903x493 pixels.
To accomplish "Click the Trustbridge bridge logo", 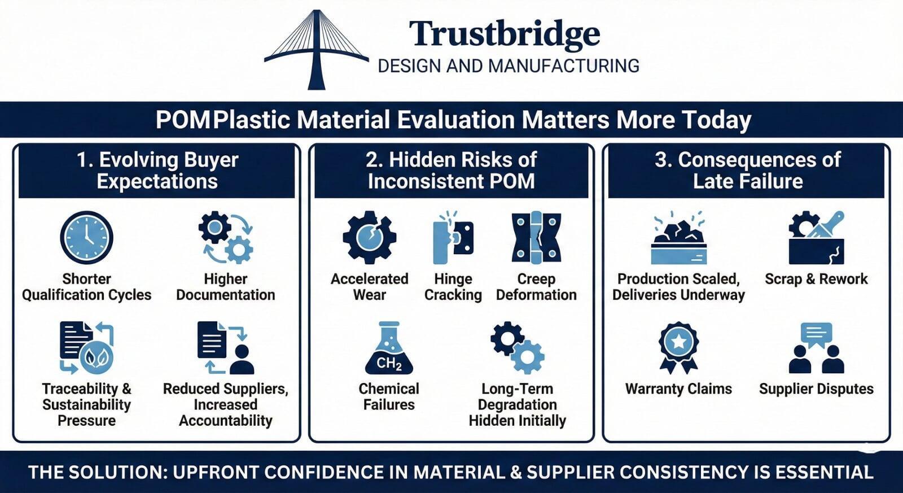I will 317,50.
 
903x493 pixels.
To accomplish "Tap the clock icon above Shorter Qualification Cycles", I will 86,238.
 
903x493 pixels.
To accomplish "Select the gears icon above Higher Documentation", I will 226,238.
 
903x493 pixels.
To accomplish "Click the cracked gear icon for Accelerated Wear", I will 369,238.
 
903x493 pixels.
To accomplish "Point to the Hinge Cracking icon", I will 453,238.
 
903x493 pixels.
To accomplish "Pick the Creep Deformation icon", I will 536,238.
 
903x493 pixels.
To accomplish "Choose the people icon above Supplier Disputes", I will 816,348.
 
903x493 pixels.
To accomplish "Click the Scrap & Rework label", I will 816,279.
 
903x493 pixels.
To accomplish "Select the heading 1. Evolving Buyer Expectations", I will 157,171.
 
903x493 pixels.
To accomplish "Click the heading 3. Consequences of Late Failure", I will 747,171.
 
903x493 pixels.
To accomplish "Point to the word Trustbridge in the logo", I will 504,34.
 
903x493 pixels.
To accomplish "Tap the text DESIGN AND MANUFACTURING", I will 508,66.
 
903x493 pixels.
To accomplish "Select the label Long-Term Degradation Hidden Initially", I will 517,405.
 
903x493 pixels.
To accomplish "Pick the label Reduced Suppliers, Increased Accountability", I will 226,405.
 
